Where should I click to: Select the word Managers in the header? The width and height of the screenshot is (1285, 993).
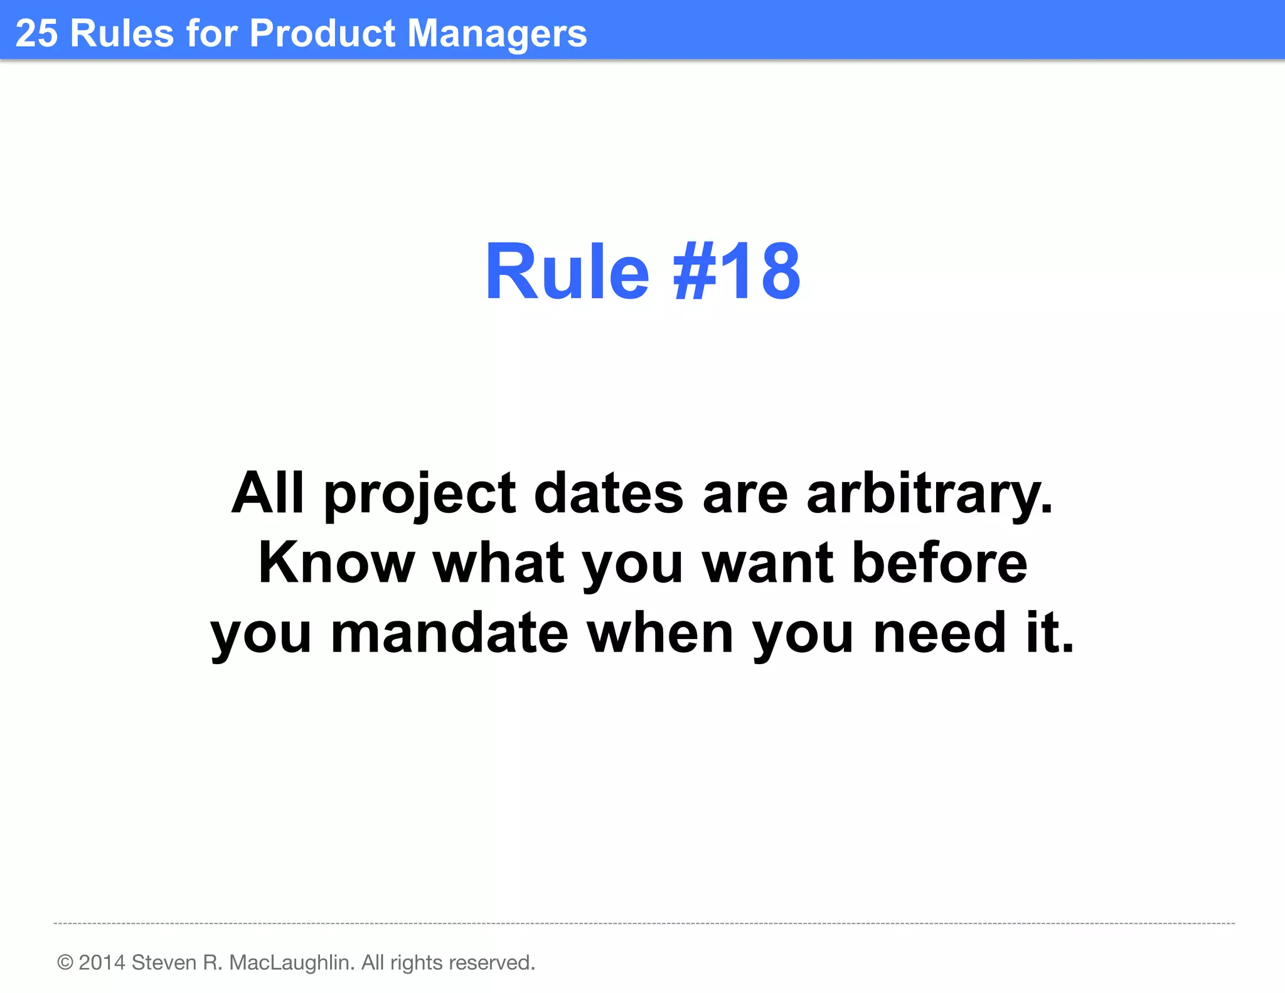(x=497, y=34)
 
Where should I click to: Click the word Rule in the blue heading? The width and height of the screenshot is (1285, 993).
(x=567, y=272)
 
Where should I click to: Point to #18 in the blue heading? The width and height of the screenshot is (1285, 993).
(x=737, y=272)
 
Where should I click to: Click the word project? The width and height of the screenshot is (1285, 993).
(x=420, y=495)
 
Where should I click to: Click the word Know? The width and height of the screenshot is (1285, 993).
(x=336, y=563)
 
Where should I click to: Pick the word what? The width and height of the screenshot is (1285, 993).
(x=499, y=563)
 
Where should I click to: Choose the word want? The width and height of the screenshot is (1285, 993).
(x=768, y=563)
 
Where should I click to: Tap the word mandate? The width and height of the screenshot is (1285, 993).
(x=449, y=633)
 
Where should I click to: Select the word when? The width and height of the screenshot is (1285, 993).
(x=660, y=633)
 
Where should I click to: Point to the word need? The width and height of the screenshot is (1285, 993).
(x=940, y=633)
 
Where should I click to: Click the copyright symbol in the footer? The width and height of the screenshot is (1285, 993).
(x=65, y=962)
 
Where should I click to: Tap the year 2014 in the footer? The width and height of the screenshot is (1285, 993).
(x=102, y=962)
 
